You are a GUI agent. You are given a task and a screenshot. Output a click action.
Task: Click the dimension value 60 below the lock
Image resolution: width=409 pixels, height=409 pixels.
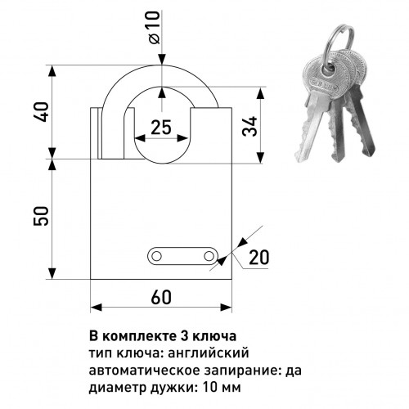tap(161, 297)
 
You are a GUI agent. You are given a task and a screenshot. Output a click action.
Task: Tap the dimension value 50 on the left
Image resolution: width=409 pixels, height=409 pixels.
tap(41, 216)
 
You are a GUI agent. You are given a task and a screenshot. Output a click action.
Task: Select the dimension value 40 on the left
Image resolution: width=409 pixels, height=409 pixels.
tap(41, 112)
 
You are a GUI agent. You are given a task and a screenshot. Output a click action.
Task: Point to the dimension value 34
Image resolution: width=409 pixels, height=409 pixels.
tap(249, 126)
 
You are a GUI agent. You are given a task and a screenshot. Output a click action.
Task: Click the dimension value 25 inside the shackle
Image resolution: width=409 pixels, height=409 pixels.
tap(161, 127)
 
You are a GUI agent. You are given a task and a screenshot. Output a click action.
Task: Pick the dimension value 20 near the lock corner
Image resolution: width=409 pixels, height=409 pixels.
tap(258, 257)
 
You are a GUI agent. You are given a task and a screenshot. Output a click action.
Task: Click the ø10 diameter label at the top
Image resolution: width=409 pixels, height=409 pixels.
tap(155, 27)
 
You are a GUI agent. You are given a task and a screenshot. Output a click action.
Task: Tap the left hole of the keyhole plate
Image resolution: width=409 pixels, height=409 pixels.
tap(156, 256)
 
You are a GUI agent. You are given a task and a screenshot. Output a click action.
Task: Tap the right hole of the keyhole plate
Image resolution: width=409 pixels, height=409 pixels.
tap(209, 256)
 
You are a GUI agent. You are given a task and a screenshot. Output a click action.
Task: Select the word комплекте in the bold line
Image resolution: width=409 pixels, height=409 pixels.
tap(139, 336)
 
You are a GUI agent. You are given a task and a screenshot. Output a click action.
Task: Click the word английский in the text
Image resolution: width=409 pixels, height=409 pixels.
tap(209, 353)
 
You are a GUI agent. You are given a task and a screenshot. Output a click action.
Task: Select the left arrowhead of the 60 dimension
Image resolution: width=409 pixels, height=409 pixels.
tap(96, 308)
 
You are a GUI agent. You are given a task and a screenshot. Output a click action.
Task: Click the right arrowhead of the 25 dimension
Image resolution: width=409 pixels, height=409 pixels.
tap(182, 138)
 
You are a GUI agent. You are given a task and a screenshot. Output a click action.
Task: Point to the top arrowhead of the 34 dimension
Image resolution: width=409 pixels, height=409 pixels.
tap(261, 93)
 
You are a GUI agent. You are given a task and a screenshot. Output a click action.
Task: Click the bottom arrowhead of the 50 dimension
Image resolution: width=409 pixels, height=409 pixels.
tap(52, 273)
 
